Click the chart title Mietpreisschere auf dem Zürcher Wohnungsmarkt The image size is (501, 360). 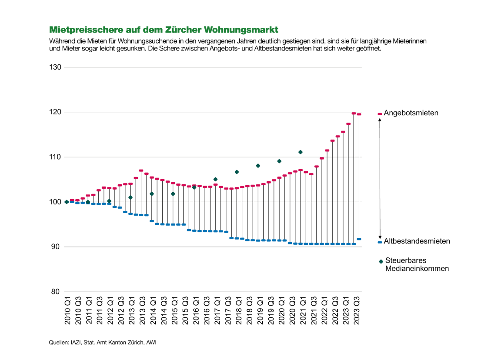point(163,30)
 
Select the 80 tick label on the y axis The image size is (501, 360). point(57,292)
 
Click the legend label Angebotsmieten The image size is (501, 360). point(411,113)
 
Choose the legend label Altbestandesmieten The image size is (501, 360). point(417,241)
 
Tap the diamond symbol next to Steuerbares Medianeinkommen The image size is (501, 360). point(381,261)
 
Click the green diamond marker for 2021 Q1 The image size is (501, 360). point(301,152)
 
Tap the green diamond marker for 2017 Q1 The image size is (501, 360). point(215,179)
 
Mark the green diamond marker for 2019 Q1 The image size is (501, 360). point(258,166)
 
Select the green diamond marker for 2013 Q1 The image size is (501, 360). point(130,197)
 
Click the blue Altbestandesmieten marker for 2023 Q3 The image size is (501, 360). point(359,239)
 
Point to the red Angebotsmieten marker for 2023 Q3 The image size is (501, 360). point(359,114)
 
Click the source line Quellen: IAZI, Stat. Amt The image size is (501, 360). point(102,343)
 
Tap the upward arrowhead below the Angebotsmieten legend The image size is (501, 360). point(380,120)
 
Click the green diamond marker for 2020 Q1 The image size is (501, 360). point(279,161)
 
